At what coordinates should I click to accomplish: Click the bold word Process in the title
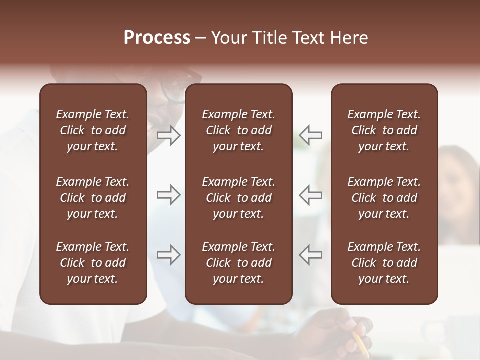(157, 38)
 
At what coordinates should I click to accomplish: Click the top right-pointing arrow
(168, 135)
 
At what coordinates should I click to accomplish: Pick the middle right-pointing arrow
(168, 195)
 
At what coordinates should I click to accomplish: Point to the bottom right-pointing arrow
(168, 254)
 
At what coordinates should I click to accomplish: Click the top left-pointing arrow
(311, 135)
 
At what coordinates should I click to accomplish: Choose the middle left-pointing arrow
(311, 195)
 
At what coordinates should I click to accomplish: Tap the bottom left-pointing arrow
(311, 254)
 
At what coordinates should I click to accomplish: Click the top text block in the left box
(93, 130)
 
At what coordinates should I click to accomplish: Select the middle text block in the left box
(93, 198)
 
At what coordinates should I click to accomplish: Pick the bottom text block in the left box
(93, 263)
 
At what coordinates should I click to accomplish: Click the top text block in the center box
(238, 130)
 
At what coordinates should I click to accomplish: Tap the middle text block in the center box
(238, 198)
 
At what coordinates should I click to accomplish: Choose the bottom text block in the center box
(238, 263)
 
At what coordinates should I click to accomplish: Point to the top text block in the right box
(384, 130)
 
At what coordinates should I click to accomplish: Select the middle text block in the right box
(384, 198)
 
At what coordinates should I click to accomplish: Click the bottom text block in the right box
(384, 263)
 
